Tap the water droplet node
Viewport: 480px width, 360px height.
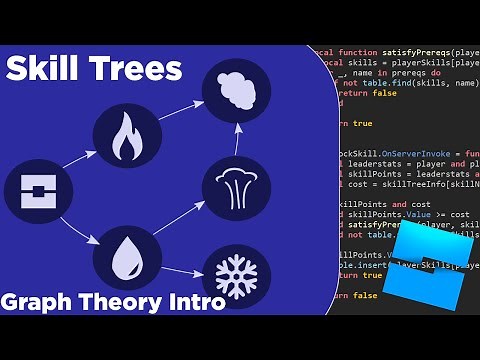tap(127, 259)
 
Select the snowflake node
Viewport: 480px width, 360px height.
tap(236, 273)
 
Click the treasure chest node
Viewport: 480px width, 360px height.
tap(38, 192)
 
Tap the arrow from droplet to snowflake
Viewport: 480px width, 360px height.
tap(181, 267)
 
